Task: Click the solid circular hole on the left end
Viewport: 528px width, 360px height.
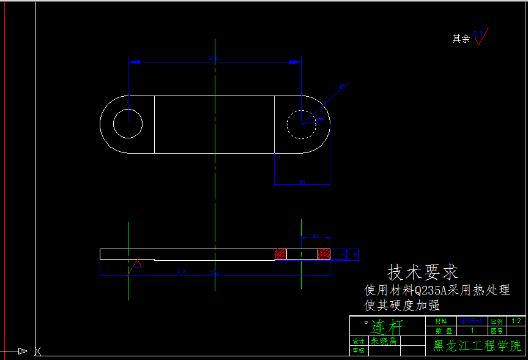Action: pyautogui.click(x=128, y=124)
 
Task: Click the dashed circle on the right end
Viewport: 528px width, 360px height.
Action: pyautogui.click(x=302, y=124)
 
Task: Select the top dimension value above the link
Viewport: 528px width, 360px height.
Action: pyautogui.click(x=214, y=58)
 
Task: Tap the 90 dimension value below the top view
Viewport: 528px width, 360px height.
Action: pyautogui.click(x=302, y=182)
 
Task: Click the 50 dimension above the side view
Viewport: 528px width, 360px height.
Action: pyautogui.click(x=315, y=235)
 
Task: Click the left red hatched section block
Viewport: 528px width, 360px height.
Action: pyautogui.click(x=280, y=253)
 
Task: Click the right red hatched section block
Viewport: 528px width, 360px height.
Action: pyautogui.click(x=324, y=253)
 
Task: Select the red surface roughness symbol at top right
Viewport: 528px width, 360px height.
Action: pyautogui.click(x=480, y=39)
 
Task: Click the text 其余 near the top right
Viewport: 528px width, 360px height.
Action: pyautogui.click(x=461, y=39)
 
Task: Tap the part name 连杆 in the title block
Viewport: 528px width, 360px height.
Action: pyautogui.click(x=387, y=326)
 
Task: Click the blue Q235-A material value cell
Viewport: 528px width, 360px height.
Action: pyautogui.click(x=472, y=321)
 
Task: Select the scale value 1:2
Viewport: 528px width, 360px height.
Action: pyautogui.click(x=516, y=321)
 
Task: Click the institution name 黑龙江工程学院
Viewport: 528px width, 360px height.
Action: pyautogui.click(x=476, y=345)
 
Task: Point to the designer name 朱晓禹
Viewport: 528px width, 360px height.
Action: pyautogui.click(x=384, y=341)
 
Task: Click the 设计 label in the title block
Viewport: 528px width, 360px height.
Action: pyautogui.click(x=359, y=341)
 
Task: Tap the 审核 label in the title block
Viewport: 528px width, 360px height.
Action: pyautogui.click(x=359, y=351)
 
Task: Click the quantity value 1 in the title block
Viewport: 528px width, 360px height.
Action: pyautogui.click(x=472, y=331)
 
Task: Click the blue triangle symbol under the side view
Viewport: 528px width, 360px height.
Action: pyautogui.click(x=137, y=263)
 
